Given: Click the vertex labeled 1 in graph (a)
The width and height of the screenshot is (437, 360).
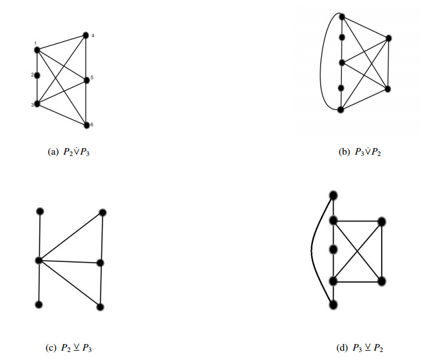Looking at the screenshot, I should (37, 49).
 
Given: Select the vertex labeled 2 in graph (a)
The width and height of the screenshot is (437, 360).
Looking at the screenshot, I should (37, 75).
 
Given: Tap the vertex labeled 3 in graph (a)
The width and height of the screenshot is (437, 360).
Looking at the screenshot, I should (37, 104).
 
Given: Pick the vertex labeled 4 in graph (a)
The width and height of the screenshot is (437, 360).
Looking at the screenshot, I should (86, 35).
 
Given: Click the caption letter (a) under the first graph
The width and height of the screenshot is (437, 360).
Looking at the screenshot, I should (54, 153).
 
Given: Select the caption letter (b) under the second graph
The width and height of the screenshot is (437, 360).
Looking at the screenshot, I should (344, 153).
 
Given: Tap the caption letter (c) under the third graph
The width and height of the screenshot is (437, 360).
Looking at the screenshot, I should (54, 347).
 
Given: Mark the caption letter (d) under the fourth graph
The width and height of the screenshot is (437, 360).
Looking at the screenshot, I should (344, 347).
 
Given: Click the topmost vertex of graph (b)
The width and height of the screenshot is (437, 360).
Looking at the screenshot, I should (341, 16).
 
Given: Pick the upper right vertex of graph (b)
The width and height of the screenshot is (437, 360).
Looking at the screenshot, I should (388, 39).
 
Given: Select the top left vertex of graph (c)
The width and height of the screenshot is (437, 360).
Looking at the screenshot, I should (40, 212).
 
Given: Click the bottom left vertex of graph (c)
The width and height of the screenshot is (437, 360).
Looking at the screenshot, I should (39, 305).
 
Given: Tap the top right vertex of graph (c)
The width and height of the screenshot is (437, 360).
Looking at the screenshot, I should (103, 213).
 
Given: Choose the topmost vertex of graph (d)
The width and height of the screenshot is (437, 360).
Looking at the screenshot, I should (332, 195).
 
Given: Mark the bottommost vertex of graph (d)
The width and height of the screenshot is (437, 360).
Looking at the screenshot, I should (332, 305).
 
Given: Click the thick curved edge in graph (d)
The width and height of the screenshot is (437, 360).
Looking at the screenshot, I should (312, 250).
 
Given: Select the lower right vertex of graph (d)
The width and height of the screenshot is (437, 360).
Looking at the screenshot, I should (382, 281).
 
